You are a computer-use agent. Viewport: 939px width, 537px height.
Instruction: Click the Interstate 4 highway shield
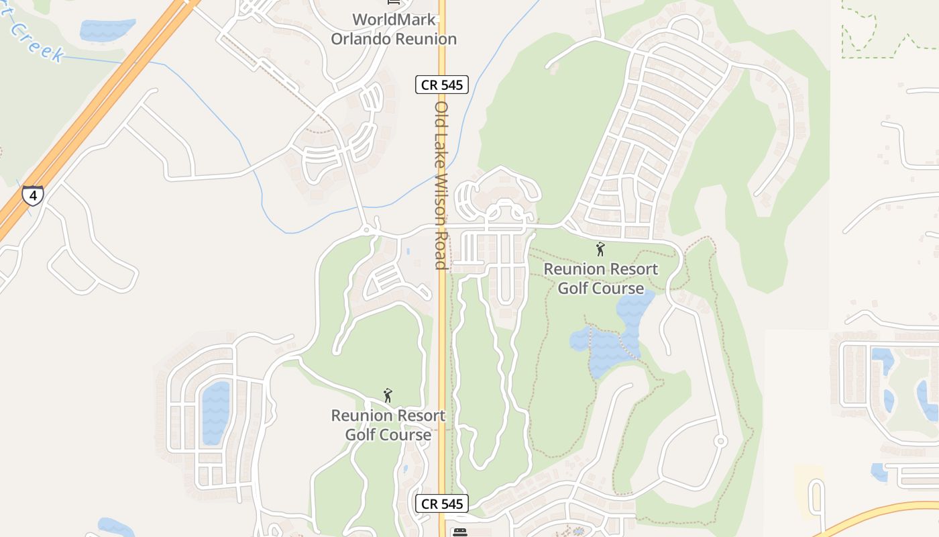pyautogui.click(x=32, y=195)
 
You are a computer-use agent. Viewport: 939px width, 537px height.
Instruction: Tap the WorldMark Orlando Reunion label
pyautogui.click(x=394, y=30)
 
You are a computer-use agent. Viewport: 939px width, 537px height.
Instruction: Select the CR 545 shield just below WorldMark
pyautogui.click(x=441, y=85)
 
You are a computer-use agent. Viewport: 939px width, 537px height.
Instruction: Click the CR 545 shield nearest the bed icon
pyautogui.click(x=441, y=503)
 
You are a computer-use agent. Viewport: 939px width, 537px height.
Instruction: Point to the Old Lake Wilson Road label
pyautogui.click(x=441, y=185)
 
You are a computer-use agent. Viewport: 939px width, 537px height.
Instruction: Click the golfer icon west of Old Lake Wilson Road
pyautogui.click(x=387, y=396)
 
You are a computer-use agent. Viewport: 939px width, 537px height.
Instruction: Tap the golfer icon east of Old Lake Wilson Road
pyautogui.click(x=600, y=249)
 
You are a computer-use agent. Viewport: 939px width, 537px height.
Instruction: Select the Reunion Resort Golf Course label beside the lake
pyautogui.click(x=601, y=279)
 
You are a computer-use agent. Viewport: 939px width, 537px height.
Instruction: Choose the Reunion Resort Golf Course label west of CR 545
pyautogui.click(x=388, y=425)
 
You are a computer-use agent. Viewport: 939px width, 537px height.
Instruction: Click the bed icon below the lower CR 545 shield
pyautogui.click(x=460, y=532)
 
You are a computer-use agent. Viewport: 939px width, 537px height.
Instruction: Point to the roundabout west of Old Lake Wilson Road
pyautogui.click(x=366, y=230)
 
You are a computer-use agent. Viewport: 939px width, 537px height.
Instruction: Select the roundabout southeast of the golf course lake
pyautogui.click(x=720, y=441)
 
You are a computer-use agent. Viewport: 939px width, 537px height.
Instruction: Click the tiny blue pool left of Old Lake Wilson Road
pyautogui.click(x=408, y=252)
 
